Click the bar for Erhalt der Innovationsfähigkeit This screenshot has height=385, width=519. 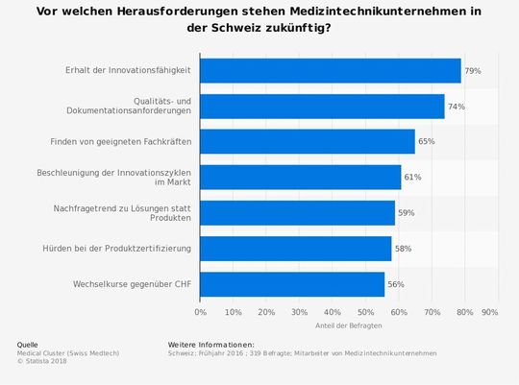[331, 71]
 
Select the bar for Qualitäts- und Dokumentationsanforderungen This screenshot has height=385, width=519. [322, 107]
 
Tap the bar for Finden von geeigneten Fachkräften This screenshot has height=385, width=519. [308, 142]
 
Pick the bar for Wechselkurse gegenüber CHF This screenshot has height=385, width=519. [292, 284]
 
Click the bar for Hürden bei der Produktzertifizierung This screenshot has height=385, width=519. [296, 249]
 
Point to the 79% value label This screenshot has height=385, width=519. [473, 71]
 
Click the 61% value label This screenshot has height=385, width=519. [413, 178]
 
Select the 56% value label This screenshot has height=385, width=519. [396, 284]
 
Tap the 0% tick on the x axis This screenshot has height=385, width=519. [200, 312]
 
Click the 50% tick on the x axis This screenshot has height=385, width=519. [365, 312]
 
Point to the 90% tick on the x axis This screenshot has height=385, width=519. [489, 312]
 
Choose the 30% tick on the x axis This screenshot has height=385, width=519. [299, 312]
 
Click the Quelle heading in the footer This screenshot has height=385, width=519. [28, 344]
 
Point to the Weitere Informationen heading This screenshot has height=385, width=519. [210, 344]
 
